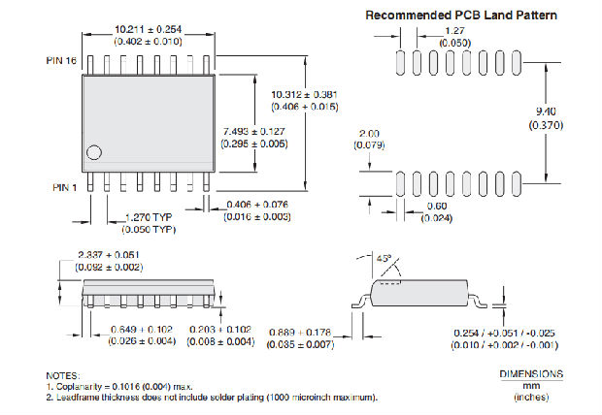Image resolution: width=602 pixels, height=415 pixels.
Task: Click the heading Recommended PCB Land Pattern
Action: (461, 16)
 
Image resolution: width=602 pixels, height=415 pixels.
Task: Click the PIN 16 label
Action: (62, 61)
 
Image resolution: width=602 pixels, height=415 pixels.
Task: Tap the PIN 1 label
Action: (63, 185)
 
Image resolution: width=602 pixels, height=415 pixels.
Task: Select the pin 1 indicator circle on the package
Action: (94, 152)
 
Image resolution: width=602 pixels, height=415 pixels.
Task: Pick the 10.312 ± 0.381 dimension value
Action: (305, 93)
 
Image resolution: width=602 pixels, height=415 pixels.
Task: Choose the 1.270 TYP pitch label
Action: (149, 217)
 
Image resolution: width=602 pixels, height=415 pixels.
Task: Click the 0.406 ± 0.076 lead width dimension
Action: (257, 204)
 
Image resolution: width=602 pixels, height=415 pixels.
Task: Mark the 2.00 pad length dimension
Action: (370, 133)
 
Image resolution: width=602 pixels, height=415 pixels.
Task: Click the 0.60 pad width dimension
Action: (439, 206)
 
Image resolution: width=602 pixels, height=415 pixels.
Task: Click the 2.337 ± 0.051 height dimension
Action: (110, 255)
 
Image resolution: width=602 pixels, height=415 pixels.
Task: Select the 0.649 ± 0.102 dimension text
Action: (141, 329)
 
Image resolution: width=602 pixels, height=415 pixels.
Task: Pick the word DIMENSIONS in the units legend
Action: (531, 373)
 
